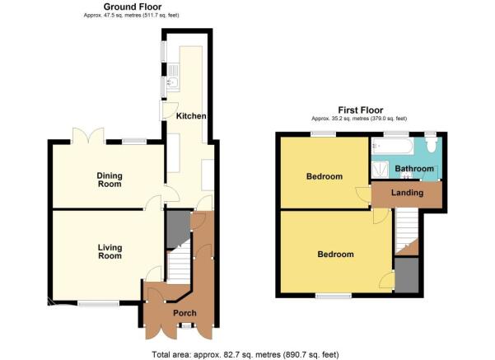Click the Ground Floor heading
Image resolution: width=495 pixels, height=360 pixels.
[133, 7]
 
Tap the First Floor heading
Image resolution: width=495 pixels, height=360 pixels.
[361, 110]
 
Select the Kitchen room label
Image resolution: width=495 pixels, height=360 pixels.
[191, 116]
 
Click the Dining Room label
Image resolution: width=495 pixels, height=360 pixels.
[110, 180]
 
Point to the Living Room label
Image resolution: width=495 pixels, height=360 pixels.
[110, 252]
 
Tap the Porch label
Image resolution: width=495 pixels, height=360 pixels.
[184, 313]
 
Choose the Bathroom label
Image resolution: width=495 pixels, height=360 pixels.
[414, 169]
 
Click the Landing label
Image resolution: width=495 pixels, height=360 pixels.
[407, 192]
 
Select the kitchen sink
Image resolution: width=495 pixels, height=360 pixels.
[173, 77]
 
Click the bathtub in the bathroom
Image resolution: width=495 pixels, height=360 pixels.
[393, 146]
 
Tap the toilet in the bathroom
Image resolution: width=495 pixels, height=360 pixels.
[431, 145]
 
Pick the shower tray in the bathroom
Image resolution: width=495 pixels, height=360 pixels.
[380, 170]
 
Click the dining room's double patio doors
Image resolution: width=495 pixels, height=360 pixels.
[88, 136]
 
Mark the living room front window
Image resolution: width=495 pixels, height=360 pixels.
[99, 303]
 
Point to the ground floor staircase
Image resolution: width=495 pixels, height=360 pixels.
[179, 263]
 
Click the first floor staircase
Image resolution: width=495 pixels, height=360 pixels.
[407, 231]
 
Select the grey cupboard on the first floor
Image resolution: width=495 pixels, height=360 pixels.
[407, 275]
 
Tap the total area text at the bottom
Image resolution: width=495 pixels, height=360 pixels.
[245, 354]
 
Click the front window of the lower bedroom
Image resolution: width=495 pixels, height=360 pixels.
[334, 296]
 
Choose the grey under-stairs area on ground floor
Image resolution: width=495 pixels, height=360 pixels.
[178, 229]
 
